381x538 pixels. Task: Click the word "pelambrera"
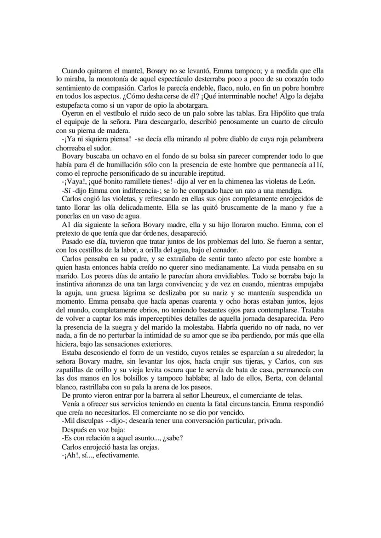point(306,139)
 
